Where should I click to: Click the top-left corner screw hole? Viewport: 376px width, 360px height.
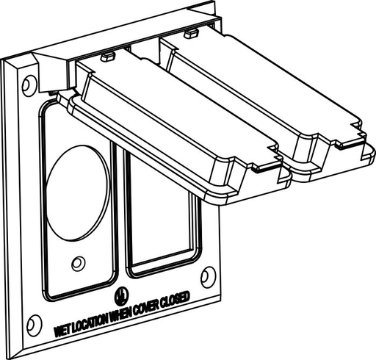coord(27,85)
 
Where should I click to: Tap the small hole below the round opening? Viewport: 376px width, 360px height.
coord(78,262)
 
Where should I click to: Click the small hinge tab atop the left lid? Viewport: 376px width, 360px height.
coord(106,55)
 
